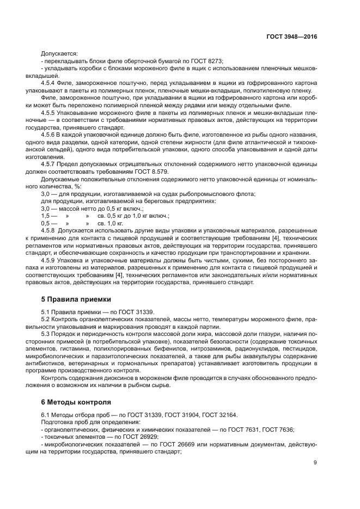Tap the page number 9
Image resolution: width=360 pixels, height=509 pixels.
[315, 463]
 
